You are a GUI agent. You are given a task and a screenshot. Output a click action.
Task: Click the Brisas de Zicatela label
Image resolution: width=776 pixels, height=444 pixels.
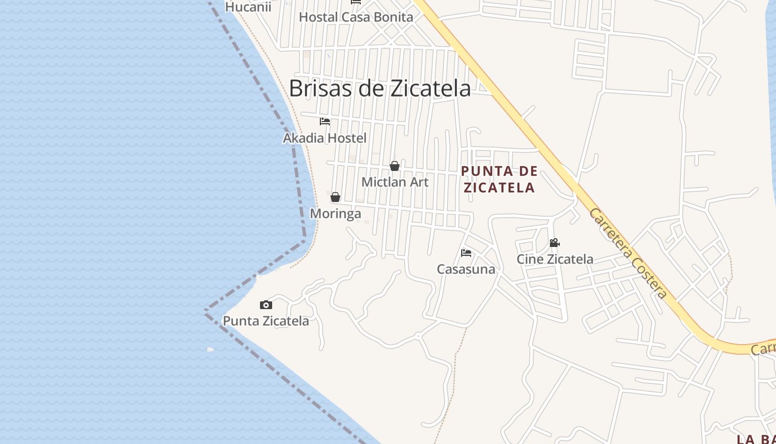380,88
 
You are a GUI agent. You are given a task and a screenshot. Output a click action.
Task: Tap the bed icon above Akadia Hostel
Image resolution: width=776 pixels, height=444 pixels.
325,122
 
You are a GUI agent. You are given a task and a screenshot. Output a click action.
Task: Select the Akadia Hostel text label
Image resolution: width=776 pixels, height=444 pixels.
325,138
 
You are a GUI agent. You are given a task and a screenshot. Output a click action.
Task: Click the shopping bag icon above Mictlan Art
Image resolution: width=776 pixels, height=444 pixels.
395,166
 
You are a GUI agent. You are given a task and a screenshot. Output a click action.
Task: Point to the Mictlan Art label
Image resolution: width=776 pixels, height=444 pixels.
395,182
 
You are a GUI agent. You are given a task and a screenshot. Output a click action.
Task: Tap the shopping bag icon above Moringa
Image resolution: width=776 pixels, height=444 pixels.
335,197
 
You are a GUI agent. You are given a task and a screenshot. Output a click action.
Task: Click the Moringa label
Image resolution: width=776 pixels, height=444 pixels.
335,214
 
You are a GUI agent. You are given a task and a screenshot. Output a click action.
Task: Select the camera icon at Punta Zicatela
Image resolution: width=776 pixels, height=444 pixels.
266,305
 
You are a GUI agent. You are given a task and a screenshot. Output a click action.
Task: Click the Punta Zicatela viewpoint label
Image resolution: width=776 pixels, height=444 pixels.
266,321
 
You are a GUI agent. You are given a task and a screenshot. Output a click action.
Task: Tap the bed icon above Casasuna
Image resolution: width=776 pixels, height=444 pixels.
466,253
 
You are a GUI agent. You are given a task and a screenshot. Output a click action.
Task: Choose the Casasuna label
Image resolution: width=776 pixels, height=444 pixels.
466,269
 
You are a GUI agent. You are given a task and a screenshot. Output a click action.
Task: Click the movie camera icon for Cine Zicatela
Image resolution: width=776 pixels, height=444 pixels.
554,243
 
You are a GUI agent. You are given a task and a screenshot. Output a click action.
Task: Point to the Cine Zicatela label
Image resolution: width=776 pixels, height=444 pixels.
555,259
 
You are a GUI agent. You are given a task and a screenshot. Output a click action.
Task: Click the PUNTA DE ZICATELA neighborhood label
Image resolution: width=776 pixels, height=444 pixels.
499,179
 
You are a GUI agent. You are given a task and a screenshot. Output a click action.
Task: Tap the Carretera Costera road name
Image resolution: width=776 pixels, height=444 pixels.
628,253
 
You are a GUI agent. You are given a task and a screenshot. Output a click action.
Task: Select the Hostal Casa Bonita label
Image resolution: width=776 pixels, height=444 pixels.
356,17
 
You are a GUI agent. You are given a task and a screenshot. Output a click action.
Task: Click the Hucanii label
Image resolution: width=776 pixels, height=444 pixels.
248,7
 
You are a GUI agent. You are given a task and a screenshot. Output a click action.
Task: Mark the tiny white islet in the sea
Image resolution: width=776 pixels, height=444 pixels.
210,349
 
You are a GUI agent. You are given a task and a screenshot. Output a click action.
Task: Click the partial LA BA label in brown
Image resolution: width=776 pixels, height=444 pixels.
755,439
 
